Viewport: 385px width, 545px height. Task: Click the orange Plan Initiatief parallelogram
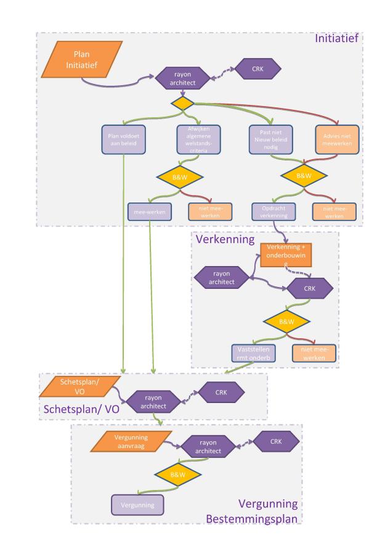82,60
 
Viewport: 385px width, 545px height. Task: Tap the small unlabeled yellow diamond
182,104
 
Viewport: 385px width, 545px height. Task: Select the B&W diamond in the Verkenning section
287,320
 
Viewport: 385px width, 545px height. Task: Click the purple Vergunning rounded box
137,505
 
